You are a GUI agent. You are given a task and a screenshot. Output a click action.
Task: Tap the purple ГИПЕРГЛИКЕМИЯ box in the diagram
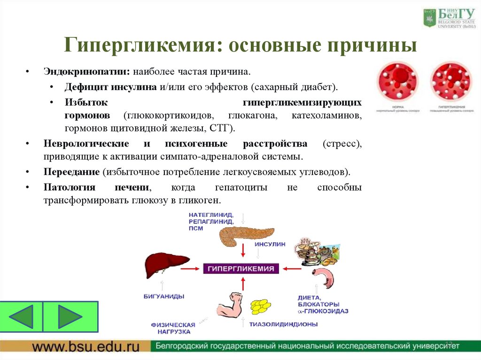(x=241, y=269)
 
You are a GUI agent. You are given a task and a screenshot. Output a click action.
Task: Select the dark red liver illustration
(x=165, y=265)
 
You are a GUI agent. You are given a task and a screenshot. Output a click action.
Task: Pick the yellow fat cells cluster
(x=261, y=306)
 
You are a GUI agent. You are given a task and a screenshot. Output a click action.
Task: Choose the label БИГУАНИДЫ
(x=163, y=296)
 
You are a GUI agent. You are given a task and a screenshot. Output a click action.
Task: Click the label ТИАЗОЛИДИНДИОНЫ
(x=283, y=324)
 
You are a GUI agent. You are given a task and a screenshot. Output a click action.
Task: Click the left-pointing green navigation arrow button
(x=22, y=317)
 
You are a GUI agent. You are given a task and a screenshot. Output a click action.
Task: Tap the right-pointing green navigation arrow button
(x=70, y=317)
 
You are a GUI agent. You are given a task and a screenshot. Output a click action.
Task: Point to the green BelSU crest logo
(x=429, y=18)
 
